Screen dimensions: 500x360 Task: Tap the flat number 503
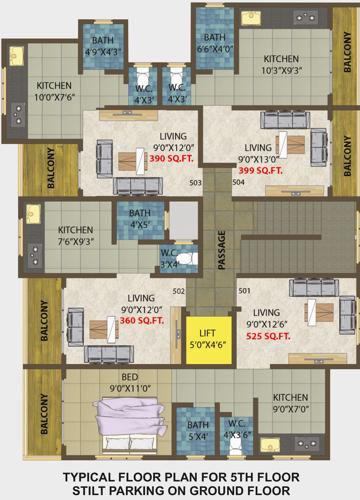(x=195, y=183)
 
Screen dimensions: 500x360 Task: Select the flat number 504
(x=238, y=183)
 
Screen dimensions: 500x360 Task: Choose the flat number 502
(x=178, y=291)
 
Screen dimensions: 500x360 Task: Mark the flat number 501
(x=243, y=291)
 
